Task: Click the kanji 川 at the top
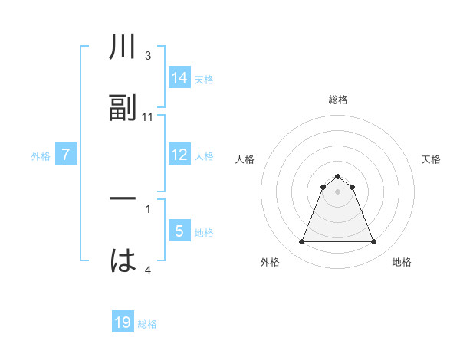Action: click(x=123, y=47)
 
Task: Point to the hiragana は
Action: click(x=123, y=260)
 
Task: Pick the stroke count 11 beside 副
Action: click(x=148, y=116)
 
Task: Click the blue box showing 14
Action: click(x=179, y=78)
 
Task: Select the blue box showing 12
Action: click(x=179, y=155)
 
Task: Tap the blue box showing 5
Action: click(x=179, y=231)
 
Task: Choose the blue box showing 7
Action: click(x=67, y=155)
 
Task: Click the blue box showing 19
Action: click(x=123, y=322)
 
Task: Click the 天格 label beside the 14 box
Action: click(x=204, y=79)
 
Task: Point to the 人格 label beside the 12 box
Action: click(x=204, y=155)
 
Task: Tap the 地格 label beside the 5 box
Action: click(x=204, y=232)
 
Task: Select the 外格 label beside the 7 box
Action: click(x=41, y=155)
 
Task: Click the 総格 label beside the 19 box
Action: click(x=147, y=323)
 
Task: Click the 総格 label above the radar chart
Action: click(x=338, y=100)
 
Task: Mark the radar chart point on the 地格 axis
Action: click(x=373, y=242)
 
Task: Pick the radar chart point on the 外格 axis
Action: click(x=302, y=242)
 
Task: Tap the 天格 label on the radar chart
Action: click(x=432, y=159)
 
